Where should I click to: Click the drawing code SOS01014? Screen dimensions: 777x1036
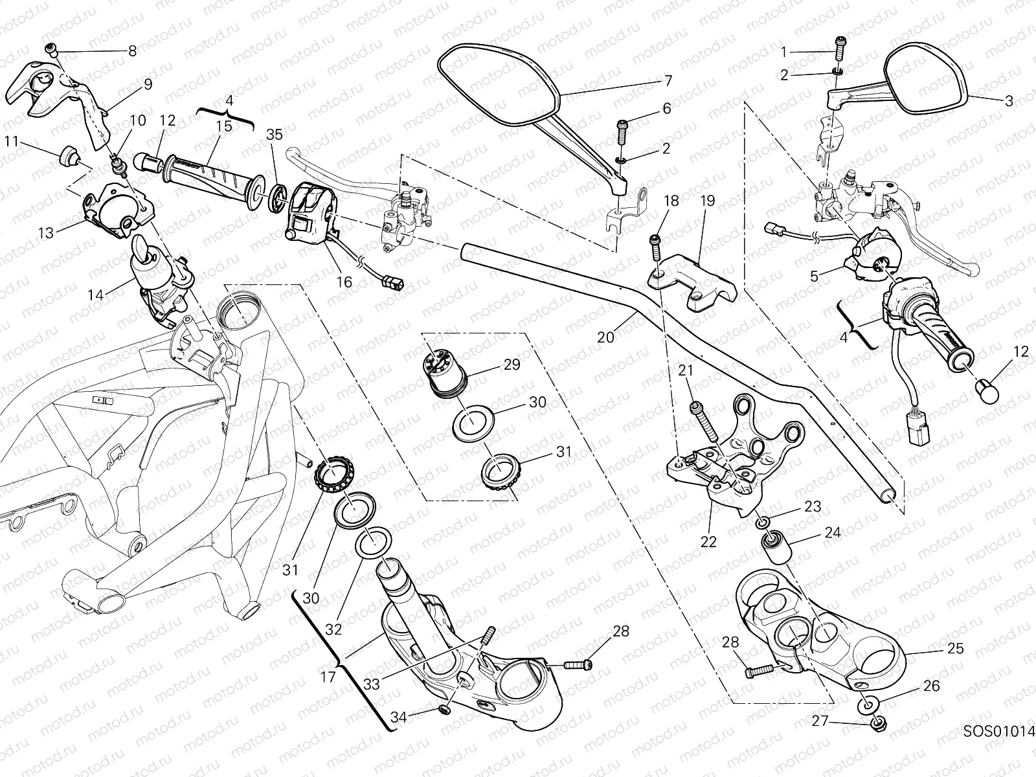coord(999,732)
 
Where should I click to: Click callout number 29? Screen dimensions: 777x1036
coord(512,365)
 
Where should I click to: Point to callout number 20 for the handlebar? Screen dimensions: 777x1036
coord(605,337)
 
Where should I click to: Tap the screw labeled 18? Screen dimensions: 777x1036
coord(655,246)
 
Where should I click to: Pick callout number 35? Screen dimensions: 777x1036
coord(275,135)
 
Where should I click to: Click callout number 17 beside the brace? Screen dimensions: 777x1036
coord(329,677)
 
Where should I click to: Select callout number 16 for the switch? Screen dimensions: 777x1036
coord(344,282)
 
